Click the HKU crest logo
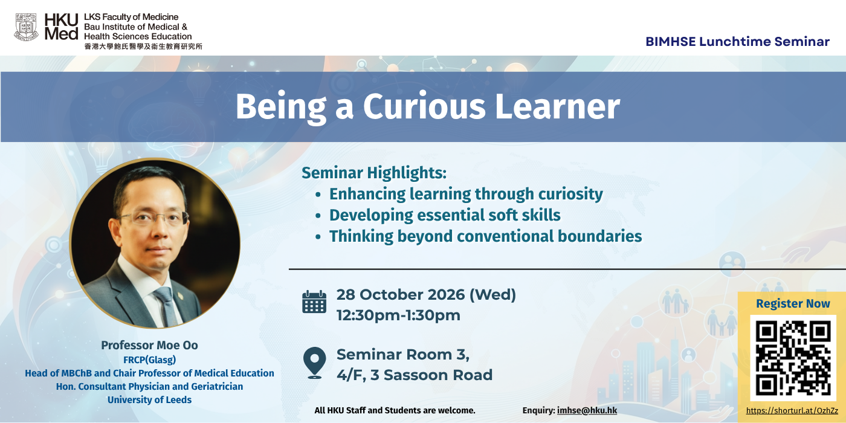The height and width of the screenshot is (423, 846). point(26,27)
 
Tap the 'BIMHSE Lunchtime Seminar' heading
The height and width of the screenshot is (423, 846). point(738,42)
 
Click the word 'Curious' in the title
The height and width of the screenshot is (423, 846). point(424,106)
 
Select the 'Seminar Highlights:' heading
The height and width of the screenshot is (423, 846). point(374,173)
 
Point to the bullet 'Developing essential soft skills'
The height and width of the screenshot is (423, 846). point(445,215)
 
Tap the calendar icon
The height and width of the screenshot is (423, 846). point(314,302)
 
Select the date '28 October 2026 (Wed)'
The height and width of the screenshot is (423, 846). point(426,295)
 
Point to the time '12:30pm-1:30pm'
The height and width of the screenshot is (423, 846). point(398,315)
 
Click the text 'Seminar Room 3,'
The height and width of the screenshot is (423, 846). point(403,354)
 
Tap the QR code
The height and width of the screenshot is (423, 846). point(793,358)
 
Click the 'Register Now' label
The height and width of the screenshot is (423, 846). point(793,303)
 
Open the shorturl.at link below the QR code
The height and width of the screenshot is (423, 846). point(792,410)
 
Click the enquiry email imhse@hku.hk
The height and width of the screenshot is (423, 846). point(587,410)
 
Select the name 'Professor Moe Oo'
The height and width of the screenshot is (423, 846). point(150,345)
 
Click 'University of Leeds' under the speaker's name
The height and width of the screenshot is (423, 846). point(150,399)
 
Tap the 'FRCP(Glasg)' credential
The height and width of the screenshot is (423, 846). point(150,360)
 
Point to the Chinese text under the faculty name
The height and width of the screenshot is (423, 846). point(143,47)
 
